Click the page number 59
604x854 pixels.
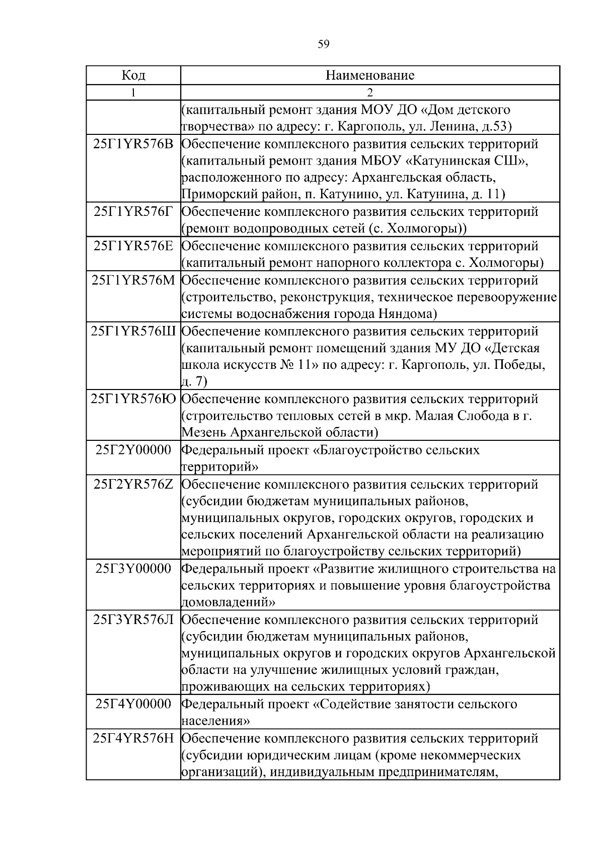click(324, 44)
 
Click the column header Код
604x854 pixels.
click(133, 75)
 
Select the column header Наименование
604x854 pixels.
click(370, 75)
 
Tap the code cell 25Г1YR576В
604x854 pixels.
click(133, 144)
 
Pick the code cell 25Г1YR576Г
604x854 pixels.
click(133, 211)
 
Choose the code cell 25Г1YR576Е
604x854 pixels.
click(133, 246)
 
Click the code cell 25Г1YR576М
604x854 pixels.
click(133, 280)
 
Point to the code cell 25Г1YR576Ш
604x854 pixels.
click(133, 332)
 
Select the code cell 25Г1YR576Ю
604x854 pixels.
click(133, 399)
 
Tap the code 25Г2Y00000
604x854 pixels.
click(133, 450)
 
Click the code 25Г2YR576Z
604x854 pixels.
click(133, 485)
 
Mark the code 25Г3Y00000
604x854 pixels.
click(133, 569)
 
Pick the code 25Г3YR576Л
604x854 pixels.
click(133, 620)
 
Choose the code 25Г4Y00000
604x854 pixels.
click(133, 704)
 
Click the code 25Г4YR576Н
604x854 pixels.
click(133, 739)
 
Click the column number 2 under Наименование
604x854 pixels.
click(370, 93)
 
